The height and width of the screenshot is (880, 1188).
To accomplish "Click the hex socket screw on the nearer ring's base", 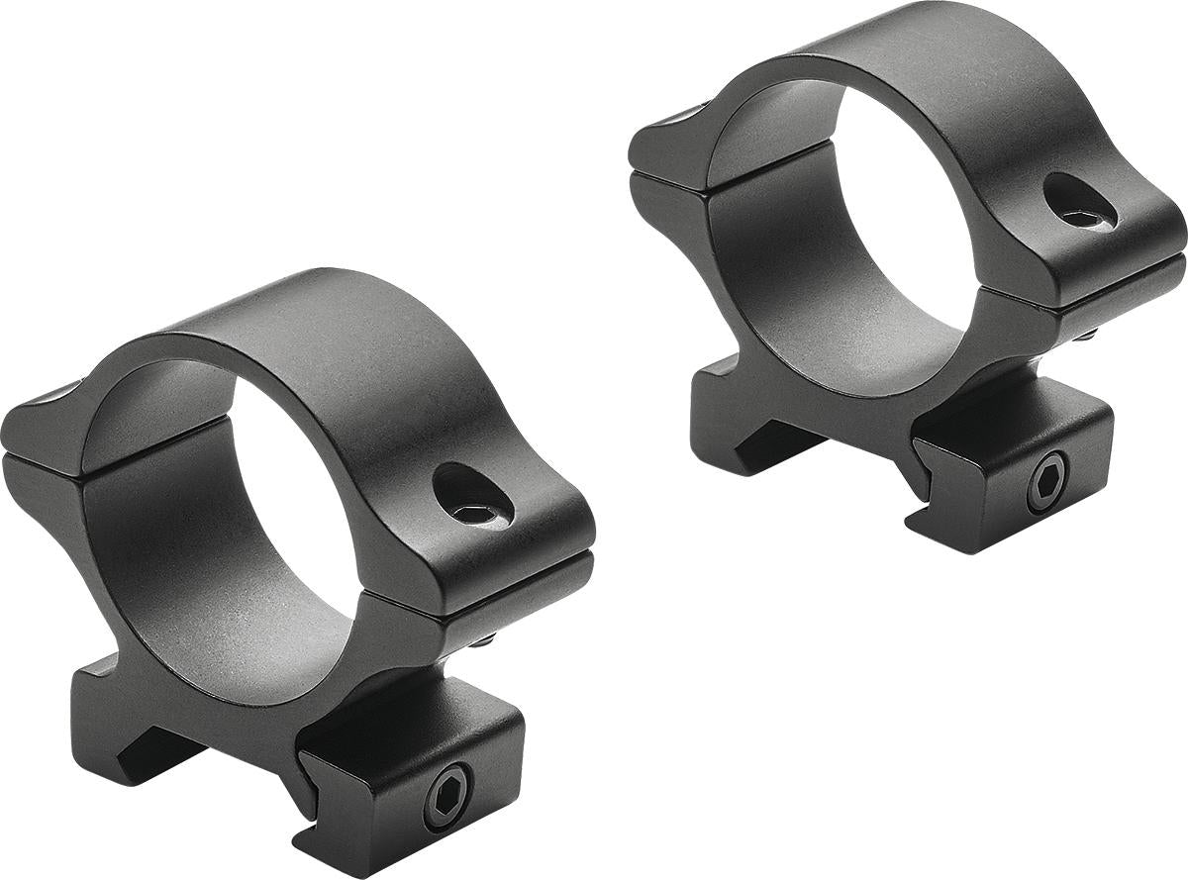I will [x=447, y=798].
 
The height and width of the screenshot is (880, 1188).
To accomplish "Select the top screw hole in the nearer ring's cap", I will [x=473, y=495].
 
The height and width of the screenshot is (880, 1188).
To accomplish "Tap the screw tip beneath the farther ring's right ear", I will [x=1086, y=335].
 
